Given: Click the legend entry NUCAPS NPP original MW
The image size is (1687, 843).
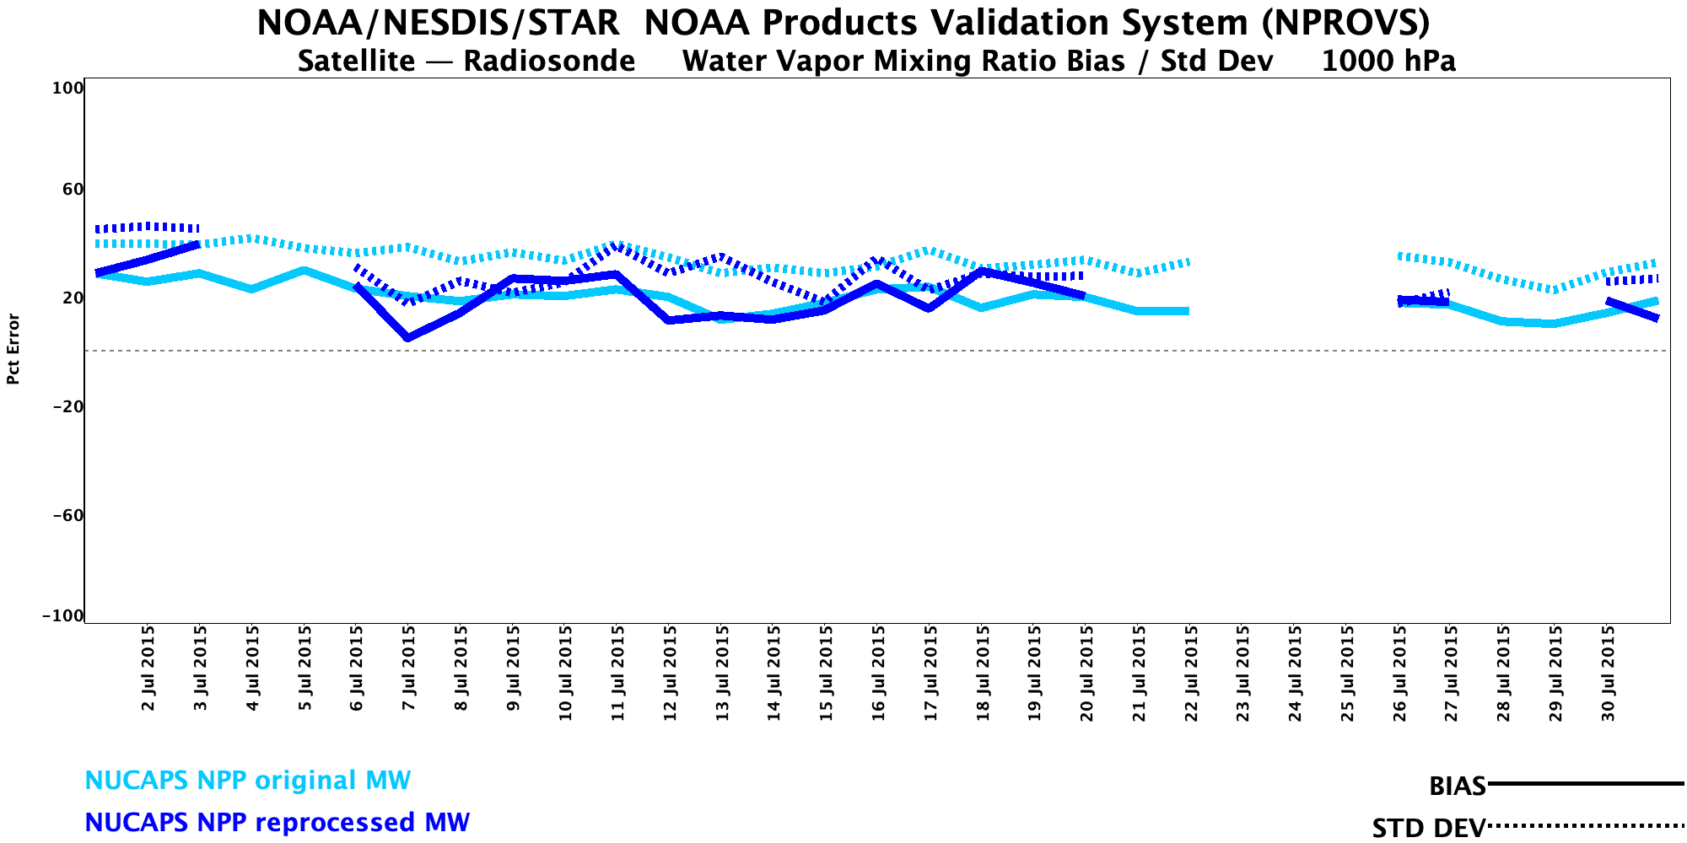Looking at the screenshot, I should pyautogui.click(x=247, y=781).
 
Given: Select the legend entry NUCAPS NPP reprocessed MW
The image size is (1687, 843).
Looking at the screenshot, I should pyautogui.click(x=277, y=823).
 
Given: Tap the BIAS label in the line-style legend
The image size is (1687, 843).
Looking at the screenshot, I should pyautogui.click(x=1457, y=787).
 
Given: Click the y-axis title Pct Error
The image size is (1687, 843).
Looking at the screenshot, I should pyautogui.click(x=13, y=349).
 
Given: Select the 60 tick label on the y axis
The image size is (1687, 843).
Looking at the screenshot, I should pyautogui.click(x=73, y=189).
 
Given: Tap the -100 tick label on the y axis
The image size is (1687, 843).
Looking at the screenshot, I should pyautogui.click(x=62, y=616).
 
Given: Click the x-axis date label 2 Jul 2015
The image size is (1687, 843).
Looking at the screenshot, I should pyautogui.click(x=148, y=668).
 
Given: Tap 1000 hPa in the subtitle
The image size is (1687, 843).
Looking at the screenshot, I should pyautogui.click(x=1388, y=62).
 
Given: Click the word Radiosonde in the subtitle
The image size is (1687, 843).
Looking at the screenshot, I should pyautogui.click(x=549, y=62).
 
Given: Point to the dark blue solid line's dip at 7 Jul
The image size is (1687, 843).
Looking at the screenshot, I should pyautogui.click(x=408, y=338).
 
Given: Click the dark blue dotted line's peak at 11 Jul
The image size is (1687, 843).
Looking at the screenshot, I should pyautogui.click(x=617, y=245).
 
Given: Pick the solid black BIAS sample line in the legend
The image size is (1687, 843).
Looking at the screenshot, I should pyautogui.click(x=1586, y=784).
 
